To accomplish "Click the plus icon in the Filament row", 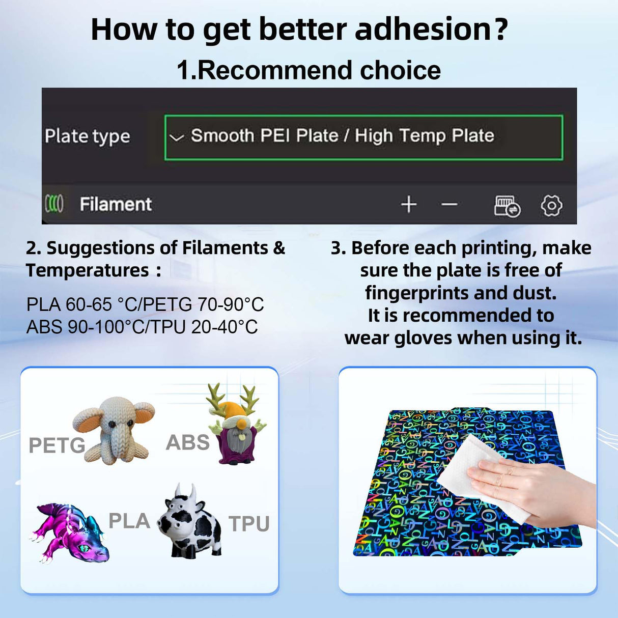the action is [x=409, y=204].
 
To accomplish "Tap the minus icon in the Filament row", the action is [x=450, y=204].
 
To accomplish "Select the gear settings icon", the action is [x=551, y=205].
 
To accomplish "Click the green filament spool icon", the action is [x=54, y=204].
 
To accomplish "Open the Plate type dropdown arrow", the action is [x=176, y=138].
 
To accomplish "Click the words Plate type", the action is [x=87, y=136].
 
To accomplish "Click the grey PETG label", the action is [x=57, y=445].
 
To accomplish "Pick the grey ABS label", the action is [x=188, y=442].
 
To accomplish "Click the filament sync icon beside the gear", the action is [x=507, y=206].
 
